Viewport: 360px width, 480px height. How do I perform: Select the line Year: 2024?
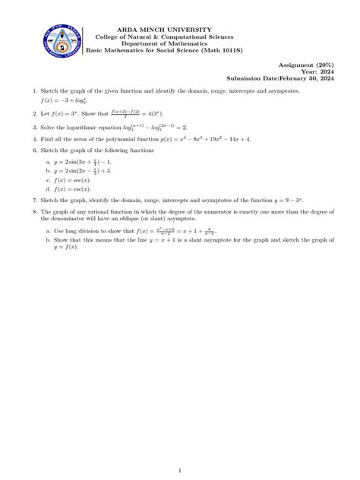(327, 72)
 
